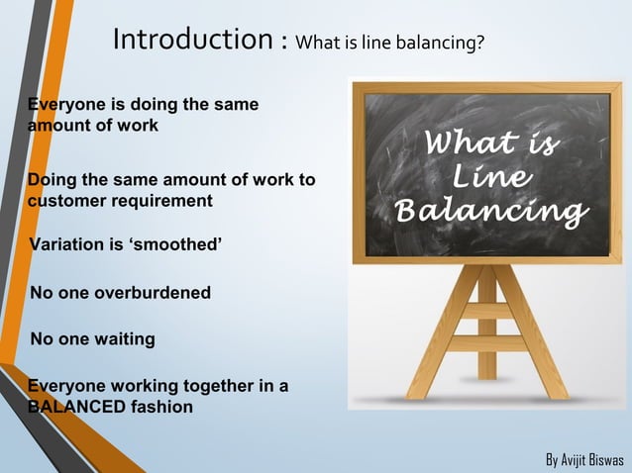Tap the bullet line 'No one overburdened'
pos(121,293)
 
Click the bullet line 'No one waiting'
pos(93,339)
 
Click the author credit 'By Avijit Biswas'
pos(585,461)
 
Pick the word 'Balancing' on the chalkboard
pos(489,212)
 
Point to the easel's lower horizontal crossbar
pos(487,344)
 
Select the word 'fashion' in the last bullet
pos(158,406)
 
